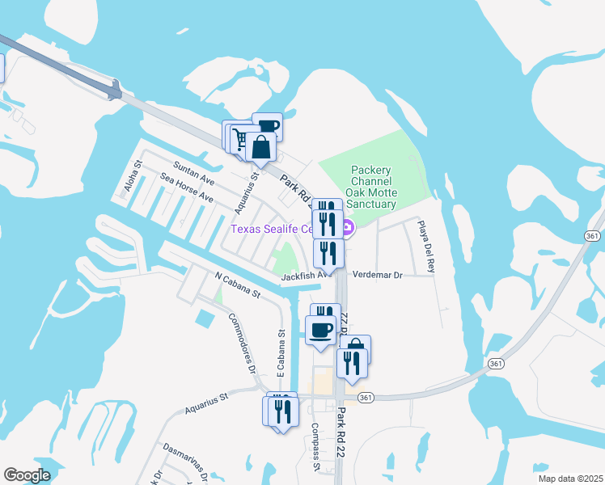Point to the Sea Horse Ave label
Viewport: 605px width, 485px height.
point(186,188)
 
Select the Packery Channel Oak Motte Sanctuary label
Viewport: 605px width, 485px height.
point(371,188)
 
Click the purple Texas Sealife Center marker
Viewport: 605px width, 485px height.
point(348,230)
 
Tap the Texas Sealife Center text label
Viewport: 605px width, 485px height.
point(271,229)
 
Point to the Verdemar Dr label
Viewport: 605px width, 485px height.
point(378,275)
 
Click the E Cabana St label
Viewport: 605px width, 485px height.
point(281,355)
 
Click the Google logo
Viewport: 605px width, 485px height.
point(27,475)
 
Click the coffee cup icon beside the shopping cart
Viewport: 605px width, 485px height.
point(268,126)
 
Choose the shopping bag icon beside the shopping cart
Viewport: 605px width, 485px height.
point(261,148)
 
